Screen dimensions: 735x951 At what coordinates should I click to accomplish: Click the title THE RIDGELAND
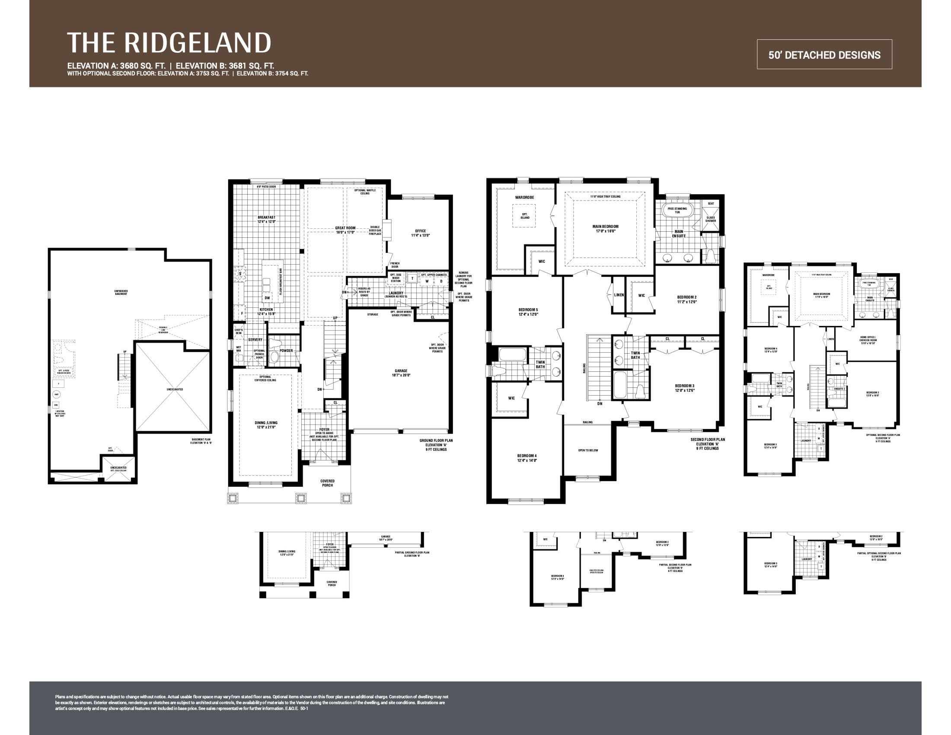click(x=169, y=43)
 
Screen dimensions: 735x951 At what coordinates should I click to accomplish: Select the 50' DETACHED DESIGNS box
click(x=824, y=55)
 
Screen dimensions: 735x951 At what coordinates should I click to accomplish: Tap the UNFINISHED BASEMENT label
click(x=121, y=293)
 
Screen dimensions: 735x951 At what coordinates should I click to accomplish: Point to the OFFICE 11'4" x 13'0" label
click(x=420, y=233)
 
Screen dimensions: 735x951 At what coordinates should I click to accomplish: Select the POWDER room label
click(x=286, y=351)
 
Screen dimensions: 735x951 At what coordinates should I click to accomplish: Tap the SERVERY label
click(x=255, y=340)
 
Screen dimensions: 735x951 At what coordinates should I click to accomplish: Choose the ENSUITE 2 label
click(x=839, y=389)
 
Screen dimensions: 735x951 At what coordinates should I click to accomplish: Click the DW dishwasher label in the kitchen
click(x=267, y=298)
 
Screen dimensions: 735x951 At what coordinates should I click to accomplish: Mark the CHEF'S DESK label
click(x=239, y=331)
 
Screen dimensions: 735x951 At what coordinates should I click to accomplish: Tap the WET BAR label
click(x=239, y=349)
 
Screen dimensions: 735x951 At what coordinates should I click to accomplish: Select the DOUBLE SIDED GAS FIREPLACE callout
click(x=375, y=230)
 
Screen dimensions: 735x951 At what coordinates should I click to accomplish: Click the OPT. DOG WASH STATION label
click(x=396, y=278)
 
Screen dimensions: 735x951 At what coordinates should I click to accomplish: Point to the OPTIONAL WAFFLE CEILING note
click(x=365, y=192)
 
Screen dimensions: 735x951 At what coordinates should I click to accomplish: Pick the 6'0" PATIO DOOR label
click(x=266, y=187)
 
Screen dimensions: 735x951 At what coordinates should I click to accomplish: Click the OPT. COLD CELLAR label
click(x=118, y=470)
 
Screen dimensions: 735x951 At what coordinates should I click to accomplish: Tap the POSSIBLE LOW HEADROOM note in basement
click(x=163, y=329)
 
